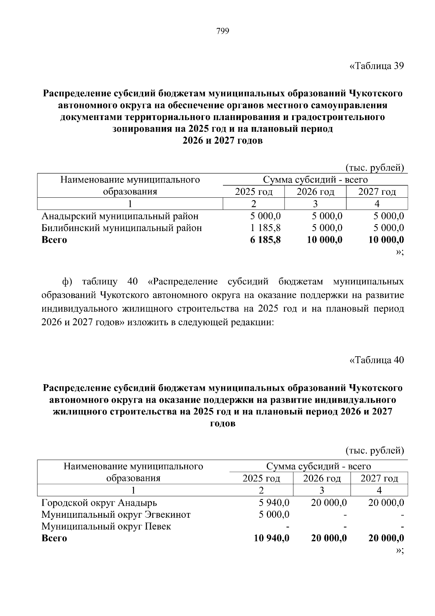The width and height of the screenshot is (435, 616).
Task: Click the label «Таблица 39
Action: [x=376, y=66]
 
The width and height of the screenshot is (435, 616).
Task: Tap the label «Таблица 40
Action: [x=376, y=360]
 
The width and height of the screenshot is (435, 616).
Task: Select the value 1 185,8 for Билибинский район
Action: [x=265, y=228]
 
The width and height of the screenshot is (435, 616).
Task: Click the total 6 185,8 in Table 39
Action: [x=265, y=240]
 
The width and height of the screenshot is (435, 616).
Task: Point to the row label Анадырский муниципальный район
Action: [x=120, y=217]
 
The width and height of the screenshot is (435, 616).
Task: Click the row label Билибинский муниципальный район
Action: [x=122, y=228]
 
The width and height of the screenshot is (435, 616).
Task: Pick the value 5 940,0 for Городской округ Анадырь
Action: [x=274, y=503]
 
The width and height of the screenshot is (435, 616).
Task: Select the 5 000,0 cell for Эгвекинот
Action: [x=274, y=514]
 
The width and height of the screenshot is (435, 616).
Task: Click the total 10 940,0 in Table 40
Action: [x=272, y=538]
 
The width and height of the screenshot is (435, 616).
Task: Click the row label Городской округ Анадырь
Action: [x=99, y=503]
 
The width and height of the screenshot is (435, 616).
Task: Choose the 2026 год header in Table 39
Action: [x=315, y=192]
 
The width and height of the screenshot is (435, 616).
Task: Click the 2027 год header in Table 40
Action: [x=379, y=479]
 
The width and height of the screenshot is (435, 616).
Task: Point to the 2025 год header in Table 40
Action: [x=261, y=479]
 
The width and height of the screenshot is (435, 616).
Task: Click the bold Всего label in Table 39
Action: [x=54, y=240]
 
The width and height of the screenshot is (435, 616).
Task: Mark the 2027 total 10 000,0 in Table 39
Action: [x=386, y=240]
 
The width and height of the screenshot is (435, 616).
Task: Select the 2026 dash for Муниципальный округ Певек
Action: [x=345, y=527]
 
